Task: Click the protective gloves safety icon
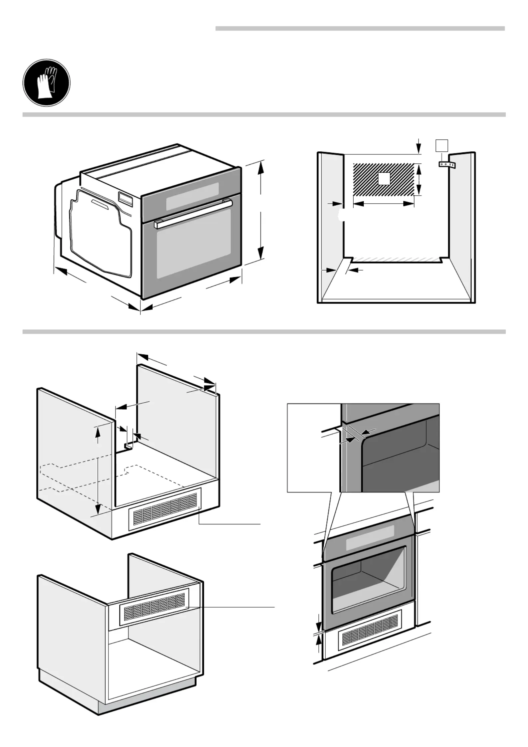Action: tap(46, 83)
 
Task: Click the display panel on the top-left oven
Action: tap(192, 196)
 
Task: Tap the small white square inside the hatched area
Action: tap(384, 179)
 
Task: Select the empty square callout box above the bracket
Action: tap(441, 145)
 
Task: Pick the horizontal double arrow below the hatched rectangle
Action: tap(383, 204)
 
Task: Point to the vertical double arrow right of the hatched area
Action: tap(419, 180)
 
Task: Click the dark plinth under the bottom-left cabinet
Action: tap(146, 699)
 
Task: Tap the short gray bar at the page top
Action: tap(360, 29)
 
